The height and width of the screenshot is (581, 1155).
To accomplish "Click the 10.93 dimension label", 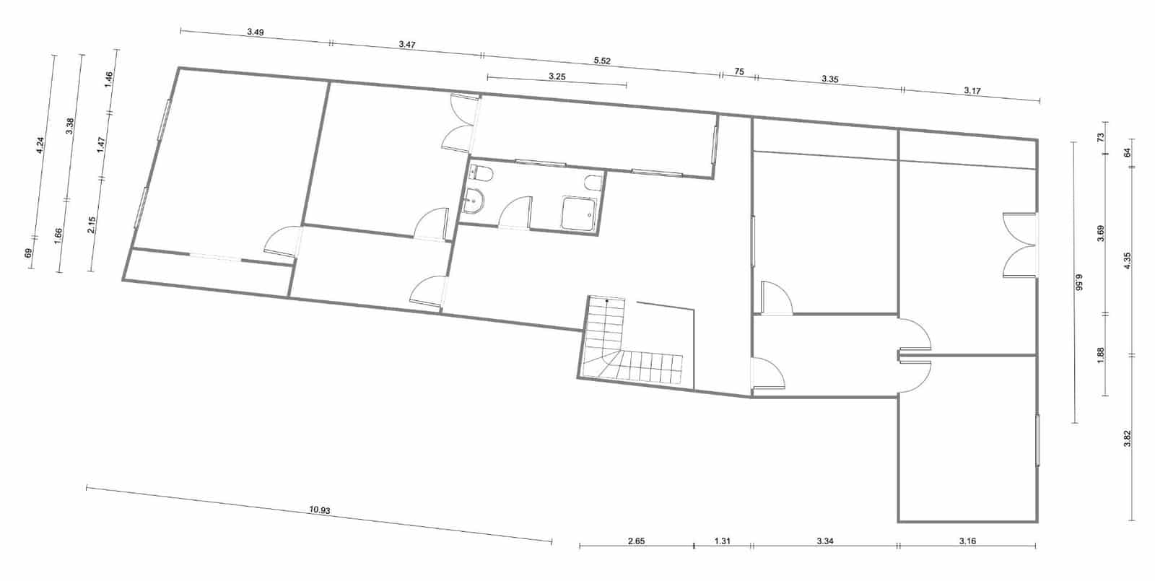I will point(320,510).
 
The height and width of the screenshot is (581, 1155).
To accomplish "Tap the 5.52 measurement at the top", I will point(602,61).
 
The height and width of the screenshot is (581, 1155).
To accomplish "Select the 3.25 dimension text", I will point(557,76).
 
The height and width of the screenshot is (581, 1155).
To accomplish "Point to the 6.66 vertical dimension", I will point(1081,281).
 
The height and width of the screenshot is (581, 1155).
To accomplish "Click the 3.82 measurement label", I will point(1128,438).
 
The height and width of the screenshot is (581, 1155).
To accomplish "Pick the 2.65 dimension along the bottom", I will point(636,541).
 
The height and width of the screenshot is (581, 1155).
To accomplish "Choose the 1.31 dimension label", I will point(722,541).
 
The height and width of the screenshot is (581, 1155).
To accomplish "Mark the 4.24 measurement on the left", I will point(41,145).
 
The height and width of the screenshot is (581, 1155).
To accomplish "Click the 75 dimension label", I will point(739,71).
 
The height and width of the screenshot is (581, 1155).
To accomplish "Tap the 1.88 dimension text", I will point(1101,355).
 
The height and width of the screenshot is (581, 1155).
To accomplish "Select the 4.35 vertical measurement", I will point(1128,261).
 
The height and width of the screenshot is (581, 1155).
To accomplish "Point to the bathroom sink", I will point(475,201).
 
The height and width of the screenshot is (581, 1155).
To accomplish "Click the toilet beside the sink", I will point(481,173).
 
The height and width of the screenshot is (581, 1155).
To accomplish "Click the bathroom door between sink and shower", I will point(515,214).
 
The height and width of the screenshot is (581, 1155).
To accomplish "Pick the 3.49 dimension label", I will point(255,32).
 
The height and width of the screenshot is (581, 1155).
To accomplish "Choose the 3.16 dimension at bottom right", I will point(967,541).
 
